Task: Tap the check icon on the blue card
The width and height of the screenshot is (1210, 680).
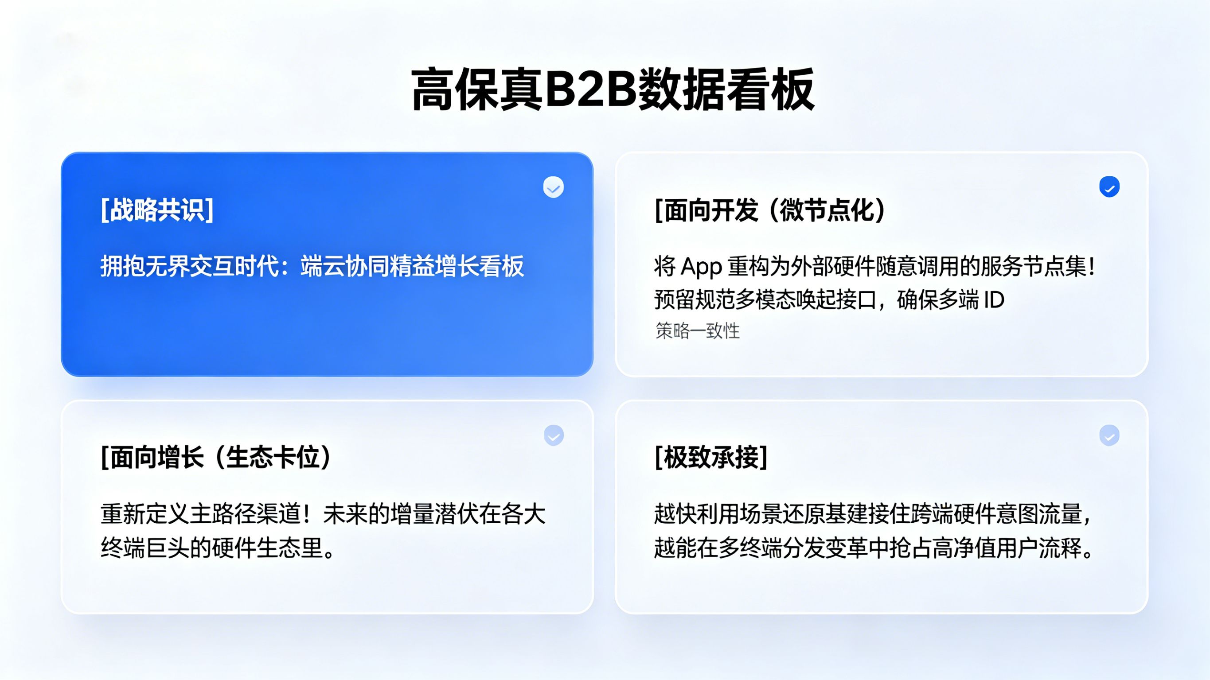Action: tap(553, 187)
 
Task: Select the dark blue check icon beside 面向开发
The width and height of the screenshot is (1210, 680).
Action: tap(1109, 187)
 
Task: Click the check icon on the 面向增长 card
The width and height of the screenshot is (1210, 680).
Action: tap(554, 435)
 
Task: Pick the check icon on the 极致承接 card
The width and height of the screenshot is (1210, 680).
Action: tap(1109, 435)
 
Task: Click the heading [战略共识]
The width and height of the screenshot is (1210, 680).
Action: tap(157, 210)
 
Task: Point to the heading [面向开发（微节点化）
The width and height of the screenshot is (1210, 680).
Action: tap(770, 210)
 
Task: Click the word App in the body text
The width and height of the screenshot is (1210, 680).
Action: tap(701, 267)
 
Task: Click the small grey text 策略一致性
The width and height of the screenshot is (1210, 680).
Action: tap(698, 331)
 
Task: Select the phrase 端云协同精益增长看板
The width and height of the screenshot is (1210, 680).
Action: tap(412, 266)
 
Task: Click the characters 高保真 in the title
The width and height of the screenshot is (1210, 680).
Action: tap(477, 89)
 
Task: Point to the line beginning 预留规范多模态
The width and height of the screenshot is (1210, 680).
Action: tap(829, 299)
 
